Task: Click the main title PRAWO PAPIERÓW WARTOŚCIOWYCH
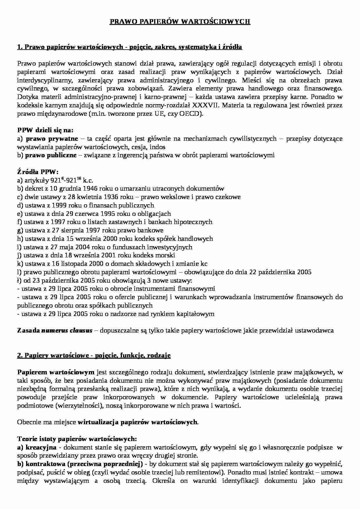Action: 180,21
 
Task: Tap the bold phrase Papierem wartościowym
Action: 56,372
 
